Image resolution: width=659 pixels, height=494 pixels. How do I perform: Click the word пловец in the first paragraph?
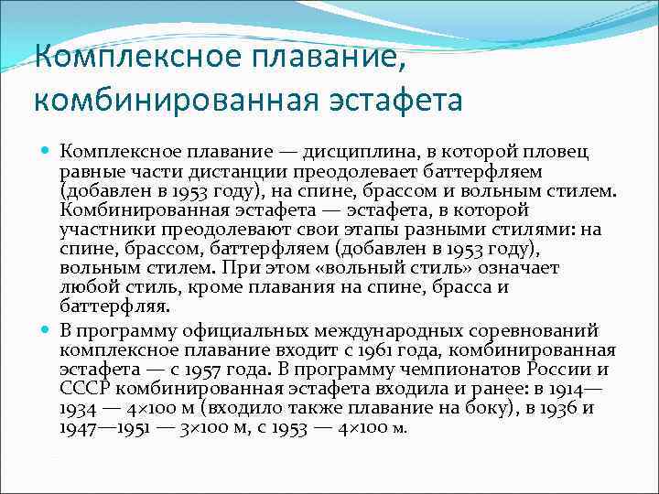[x=565, y=150]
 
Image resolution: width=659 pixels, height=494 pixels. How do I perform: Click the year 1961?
[x=352, y=349]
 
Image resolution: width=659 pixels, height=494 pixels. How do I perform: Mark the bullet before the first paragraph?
[x=47, y=150]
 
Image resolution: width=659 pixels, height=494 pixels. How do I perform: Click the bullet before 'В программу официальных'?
[x=47, y=329]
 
